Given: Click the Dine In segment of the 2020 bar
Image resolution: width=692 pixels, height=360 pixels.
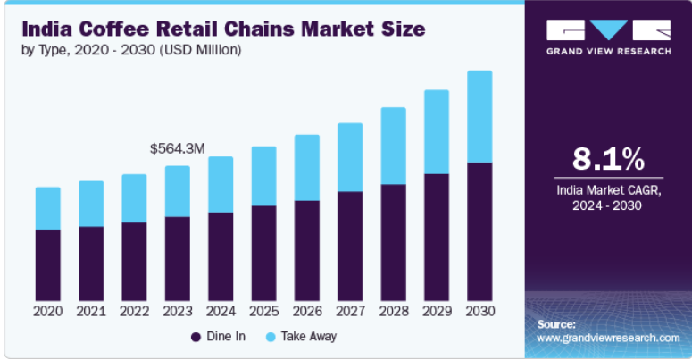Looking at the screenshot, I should pos(48,264).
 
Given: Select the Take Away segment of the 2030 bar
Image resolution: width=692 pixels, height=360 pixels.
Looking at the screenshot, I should pos(479,116).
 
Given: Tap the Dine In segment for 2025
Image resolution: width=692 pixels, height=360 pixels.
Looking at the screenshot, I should pos(263,253).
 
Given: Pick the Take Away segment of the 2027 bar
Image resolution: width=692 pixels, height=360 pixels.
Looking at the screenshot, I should pos(350,157).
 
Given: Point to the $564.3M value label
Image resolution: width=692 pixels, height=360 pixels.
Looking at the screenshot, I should pos(178,148).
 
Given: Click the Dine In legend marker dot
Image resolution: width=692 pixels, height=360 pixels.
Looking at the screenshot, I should pos(195,337).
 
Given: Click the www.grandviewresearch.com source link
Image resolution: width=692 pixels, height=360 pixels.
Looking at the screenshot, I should pos(608,338).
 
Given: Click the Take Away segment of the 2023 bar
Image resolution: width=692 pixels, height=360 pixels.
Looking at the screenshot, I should pos(178,191).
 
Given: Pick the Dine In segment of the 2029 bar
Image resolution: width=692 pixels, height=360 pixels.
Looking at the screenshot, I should pos(436,237).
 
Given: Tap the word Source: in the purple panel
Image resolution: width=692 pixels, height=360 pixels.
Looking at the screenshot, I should pos(556,324).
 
